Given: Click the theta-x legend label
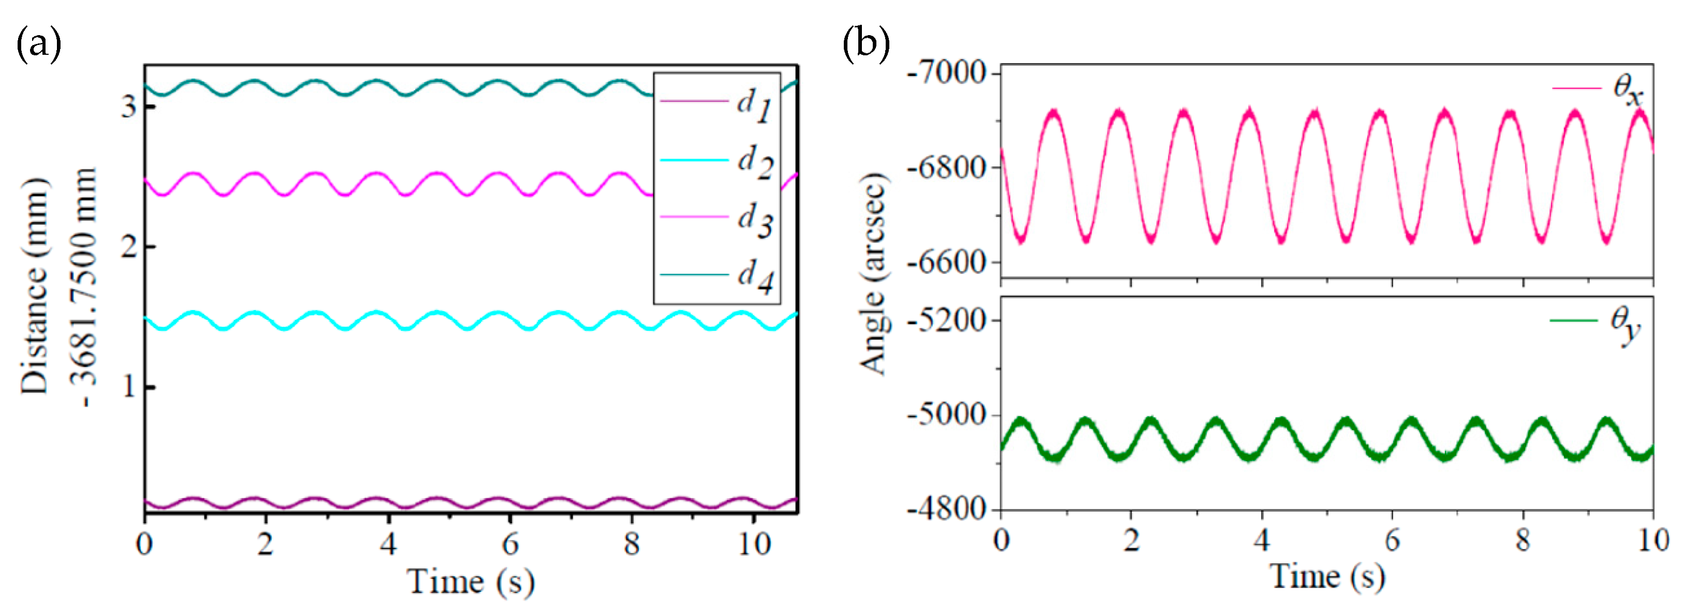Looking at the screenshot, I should (x=1628, y=89).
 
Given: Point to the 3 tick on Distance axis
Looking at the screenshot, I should (x=128, y=106).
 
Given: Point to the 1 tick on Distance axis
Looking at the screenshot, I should (x=128, y=387).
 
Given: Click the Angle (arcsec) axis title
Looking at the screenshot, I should (x=874, y=274).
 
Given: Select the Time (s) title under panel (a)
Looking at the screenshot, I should (x=471, y=580).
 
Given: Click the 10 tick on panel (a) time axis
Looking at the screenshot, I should (x=754, y=544).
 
